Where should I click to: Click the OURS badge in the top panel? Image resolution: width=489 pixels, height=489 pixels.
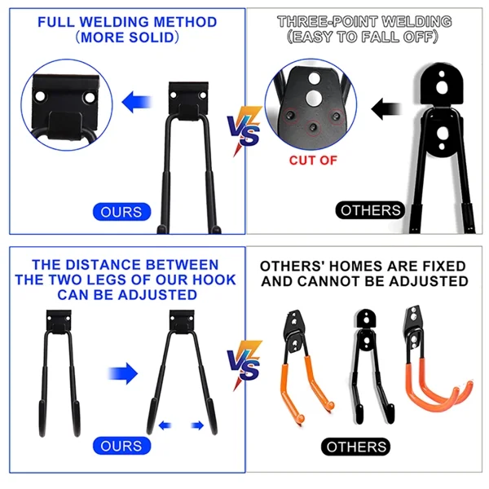pos(121,212)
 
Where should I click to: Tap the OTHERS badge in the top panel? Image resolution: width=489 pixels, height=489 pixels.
pos(371,210)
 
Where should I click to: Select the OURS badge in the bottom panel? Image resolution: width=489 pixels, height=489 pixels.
pos(121,446)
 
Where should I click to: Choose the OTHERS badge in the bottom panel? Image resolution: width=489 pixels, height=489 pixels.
pos(356,447)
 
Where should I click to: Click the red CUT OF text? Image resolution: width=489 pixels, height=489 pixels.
pos(312,160)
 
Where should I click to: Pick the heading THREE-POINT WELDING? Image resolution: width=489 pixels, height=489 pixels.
pos(364,21)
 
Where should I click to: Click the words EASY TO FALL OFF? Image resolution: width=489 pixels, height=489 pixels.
pos(364,37)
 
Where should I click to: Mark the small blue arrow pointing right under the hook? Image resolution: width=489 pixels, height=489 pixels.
pos(197,425)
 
